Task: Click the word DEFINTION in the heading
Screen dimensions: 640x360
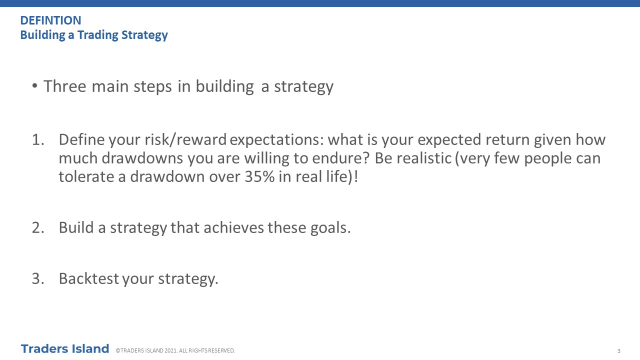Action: pos(51,20)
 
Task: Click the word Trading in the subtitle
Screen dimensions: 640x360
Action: pos(97,35)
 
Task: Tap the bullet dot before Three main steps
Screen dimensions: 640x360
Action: pos(35,85)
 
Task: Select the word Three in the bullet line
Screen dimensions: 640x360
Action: pos(65,86)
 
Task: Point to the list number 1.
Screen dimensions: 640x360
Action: pos(38,139)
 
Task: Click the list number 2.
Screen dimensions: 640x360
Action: pos(38,227)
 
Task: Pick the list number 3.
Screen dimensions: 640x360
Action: pos(38,278)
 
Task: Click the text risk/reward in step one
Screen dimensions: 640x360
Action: pos(185,140)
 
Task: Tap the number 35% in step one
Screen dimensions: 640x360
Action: pos(259,176)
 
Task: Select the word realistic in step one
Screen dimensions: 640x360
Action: pos(424,158)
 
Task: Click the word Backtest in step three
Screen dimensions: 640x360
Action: pos(89,278)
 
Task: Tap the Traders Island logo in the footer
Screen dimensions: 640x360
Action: pos(65,349)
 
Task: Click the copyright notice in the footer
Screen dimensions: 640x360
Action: pos(175,350)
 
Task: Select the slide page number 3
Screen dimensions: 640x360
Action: pos(619,351)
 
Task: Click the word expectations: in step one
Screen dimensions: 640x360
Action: pos(277,140)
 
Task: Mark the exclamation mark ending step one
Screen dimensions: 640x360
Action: pos(356,176)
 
